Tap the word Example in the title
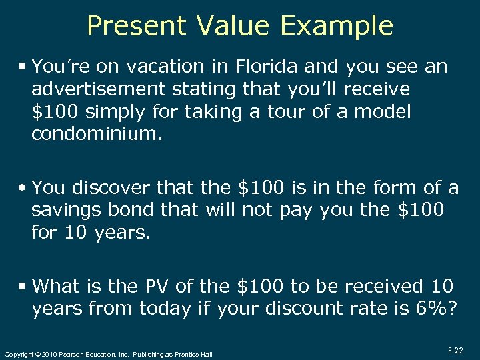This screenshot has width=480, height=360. [x=337, y=26]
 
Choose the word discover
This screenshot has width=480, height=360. [x=114, y=188]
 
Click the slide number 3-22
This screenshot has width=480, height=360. [x=456, y=349]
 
